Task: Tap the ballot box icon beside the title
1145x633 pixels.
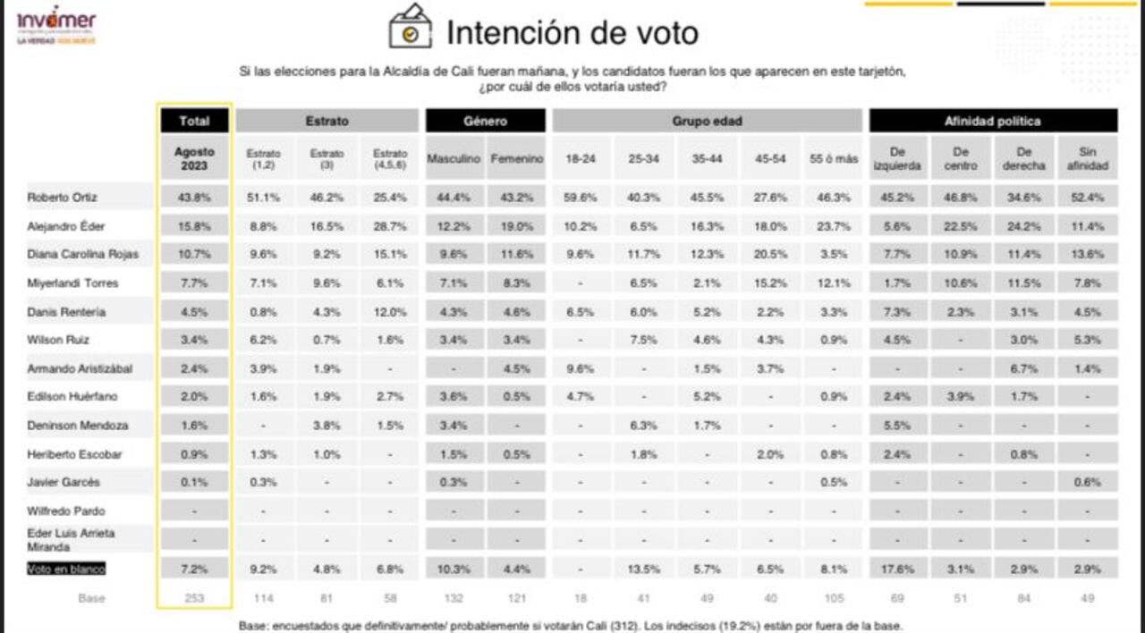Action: [x=410, y=27]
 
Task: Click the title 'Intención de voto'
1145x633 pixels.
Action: [x=572, y=33]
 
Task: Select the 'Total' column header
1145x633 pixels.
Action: [x=194, y=121]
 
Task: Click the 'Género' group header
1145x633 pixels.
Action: [x=485, y=121]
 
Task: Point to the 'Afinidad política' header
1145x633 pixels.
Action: [x=993, y=121]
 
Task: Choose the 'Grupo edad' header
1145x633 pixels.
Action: [x=707, y=121]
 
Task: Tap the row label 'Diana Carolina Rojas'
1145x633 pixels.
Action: [x=83, y=254]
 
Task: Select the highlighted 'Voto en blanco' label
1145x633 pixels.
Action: [x=65, y=569]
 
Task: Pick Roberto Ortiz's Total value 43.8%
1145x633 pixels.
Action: [x=194, y=197]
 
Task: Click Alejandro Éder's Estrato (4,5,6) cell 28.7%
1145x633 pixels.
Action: [x=390, y=225]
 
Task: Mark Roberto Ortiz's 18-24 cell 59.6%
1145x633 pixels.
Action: [x=581, y=197]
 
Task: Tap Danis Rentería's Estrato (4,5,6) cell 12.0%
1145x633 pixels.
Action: [x=390, y=311]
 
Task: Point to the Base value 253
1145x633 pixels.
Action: [x=194, y=597]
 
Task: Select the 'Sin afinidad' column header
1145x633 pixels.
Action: [x=1087, y=158]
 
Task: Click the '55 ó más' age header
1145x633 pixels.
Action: [x=834, y=158]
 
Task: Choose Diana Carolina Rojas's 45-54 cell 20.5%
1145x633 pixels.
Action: [x=770, y=254]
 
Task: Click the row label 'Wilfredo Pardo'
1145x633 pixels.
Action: [x=66, y=511]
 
